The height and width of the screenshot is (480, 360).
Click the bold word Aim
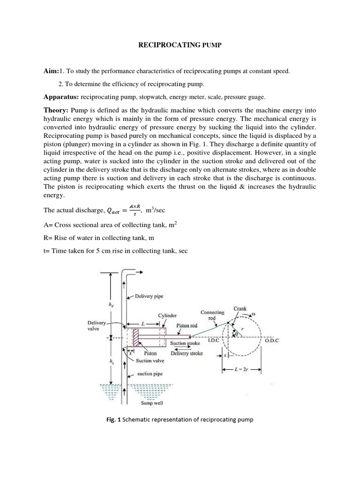(51, 71)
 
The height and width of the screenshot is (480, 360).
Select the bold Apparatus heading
(61, 97)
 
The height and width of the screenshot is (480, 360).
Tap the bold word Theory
(56, 110)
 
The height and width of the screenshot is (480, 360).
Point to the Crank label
(240, 309)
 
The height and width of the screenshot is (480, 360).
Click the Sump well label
(152, 403)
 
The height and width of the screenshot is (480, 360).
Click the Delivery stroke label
(187, 353)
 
